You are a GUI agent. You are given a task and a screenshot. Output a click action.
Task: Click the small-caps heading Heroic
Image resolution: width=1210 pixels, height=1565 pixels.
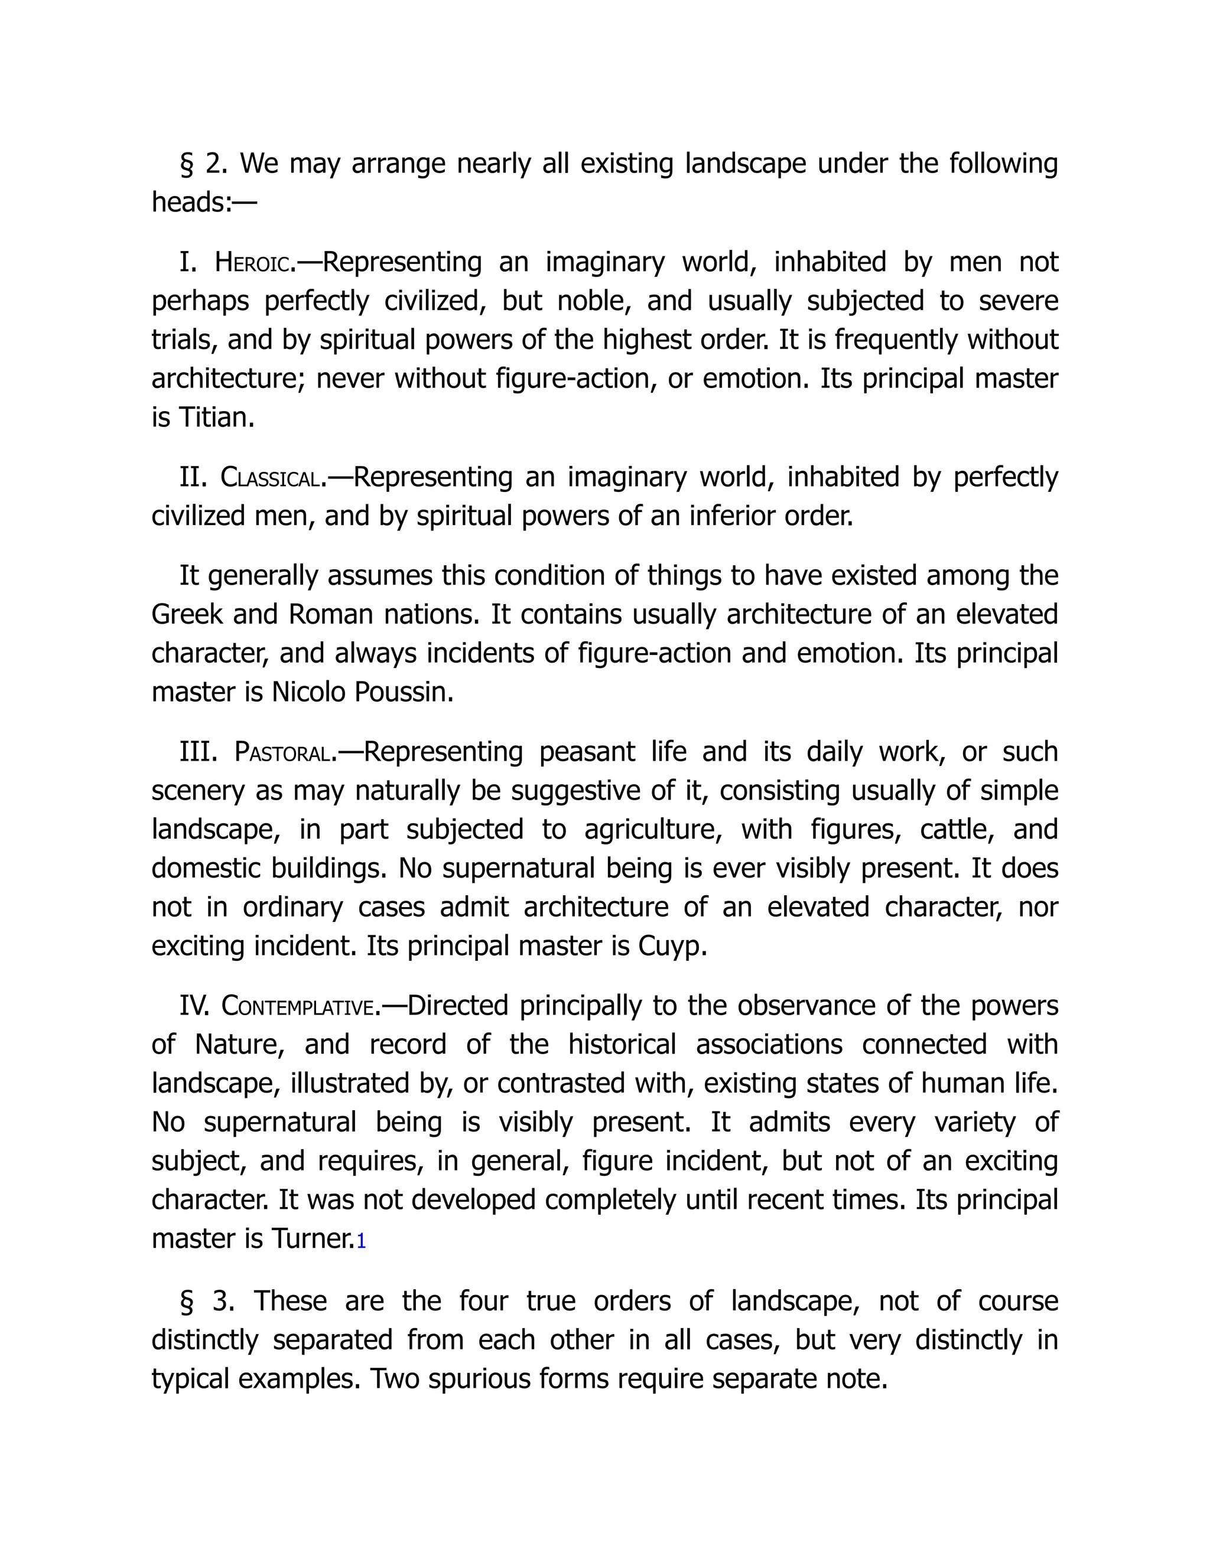pyautogui.click(x=255, y=263)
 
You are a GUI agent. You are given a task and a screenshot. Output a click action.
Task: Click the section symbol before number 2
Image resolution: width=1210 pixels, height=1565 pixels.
pyautogui.click(x=186, y=165)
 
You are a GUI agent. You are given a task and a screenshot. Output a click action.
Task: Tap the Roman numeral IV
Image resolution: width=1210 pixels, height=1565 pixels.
pyautogui.click(x=194, y=1006)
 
